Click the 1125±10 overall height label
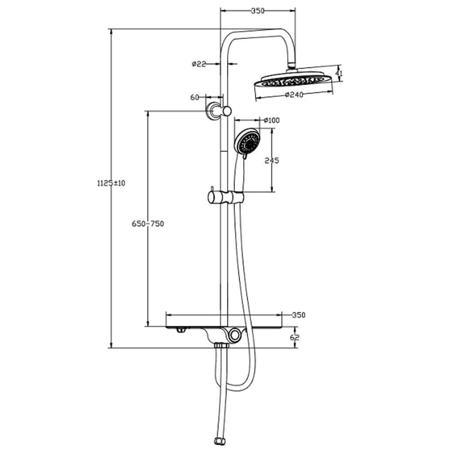coord(111,183)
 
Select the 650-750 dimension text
coord(148,224)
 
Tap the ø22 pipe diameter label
coord(199,64)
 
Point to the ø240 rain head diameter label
coord(294,94)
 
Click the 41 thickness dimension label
coord(339,73)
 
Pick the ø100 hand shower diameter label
coord(271,120)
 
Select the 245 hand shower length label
coord(272,161)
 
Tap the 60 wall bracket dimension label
coord(195,97)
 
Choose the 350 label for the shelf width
coord(299,315)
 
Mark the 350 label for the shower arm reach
coord(257,11)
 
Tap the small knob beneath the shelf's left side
coord(180,330)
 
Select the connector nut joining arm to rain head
coord(291,67)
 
